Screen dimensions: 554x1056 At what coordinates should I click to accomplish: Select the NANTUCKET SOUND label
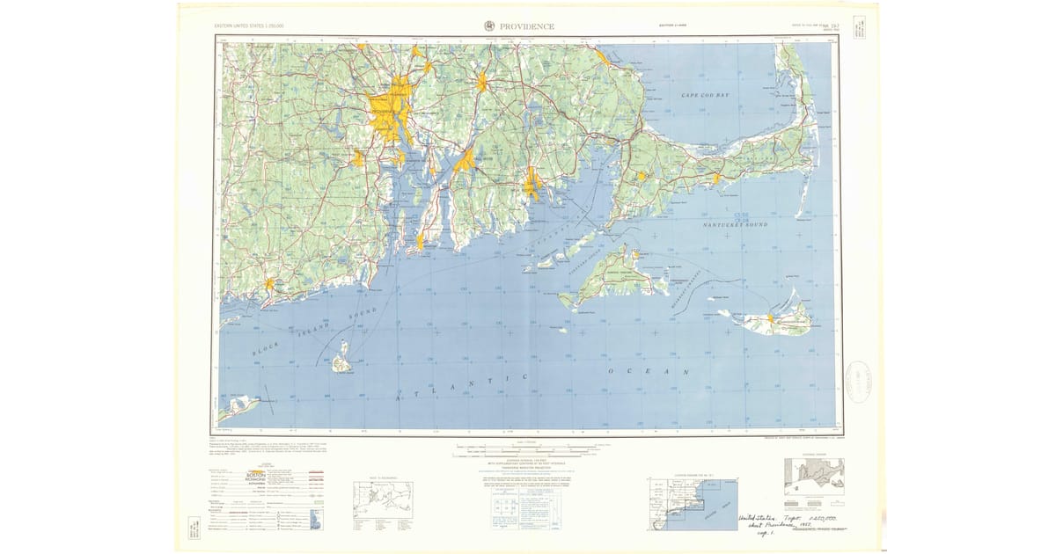tap(736, 225)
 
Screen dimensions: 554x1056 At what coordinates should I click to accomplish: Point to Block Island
tap(341, 361)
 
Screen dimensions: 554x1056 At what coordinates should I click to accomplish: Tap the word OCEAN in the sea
tap(650, 373)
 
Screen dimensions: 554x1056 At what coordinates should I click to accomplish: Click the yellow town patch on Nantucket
tap(773, 318)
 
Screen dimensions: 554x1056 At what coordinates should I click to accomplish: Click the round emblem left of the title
tap(489, 26)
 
